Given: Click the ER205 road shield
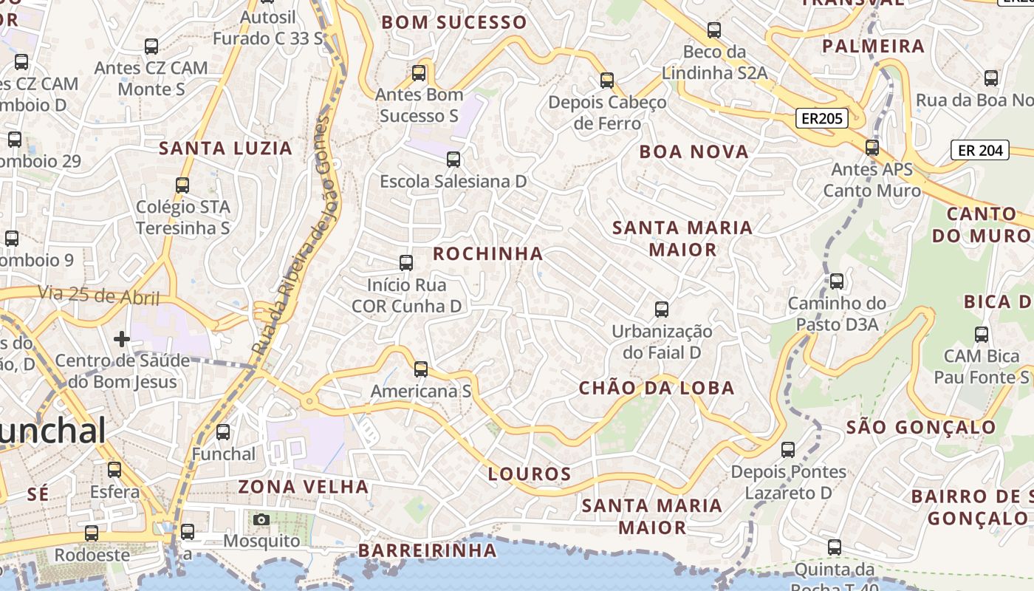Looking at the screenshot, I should click(x=821, y=118).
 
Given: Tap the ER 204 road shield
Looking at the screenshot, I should click(x=979, y=151).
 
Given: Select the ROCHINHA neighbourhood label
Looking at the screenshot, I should click(x=487, y=253).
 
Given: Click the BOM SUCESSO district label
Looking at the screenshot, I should click(x=454, y=22).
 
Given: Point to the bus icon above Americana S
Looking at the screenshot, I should click(x=421, y=369).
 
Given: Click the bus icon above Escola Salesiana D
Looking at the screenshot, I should click(x=453, y=159).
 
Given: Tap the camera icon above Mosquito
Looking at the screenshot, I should click(x=261, y=519).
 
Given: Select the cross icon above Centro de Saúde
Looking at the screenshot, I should click(x=122, y=339).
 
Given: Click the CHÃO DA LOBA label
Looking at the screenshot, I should click(x=656, y=388).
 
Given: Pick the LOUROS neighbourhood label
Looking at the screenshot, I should click(x=530, y=474).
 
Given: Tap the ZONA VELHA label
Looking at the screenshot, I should click(x=303, y=486).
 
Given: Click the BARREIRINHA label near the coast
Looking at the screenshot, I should click(x=428, y=550).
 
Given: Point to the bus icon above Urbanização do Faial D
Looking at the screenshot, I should click(x=662, y=310).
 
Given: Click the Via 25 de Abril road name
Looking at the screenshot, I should click(x=99, y=295).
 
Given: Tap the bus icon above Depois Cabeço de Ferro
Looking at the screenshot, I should click(x=607, y=80).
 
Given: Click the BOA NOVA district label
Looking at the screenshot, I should click(x=694, y=151).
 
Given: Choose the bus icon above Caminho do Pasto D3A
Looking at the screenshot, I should click(x=836, y=281).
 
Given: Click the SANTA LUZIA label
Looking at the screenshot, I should click(x=225, y=148).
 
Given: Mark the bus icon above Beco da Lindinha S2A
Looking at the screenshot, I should click(x=714, y=30).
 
